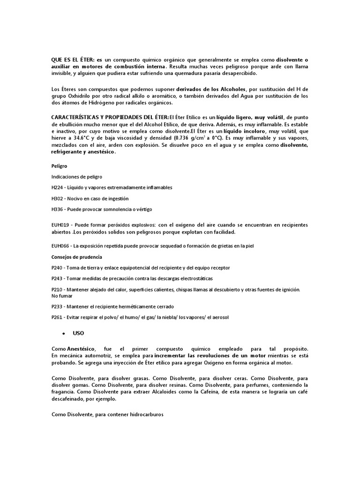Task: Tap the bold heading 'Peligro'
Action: pos(59,165)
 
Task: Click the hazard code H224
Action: pos(57,187)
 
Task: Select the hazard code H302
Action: pos(57,198)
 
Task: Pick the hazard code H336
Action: pos(57,209)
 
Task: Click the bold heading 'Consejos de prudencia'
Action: pos(76,257)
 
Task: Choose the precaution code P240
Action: pos(57,268)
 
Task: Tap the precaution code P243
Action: pos(57,279)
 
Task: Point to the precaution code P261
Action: pos(57,317)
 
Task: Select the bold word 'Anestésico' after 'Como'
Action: pos(81,349)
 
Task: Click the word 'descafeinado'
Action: pos(68,399)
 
